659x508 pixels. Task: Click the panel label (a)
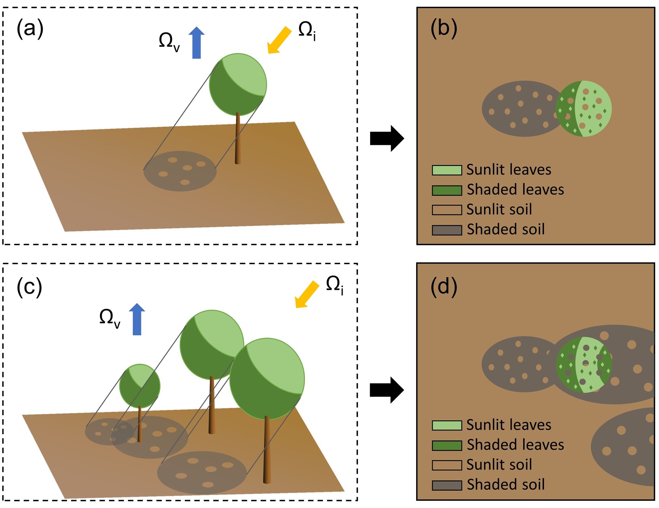tap(30, 29)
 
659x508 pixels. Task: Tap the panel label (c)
tap(29, 287)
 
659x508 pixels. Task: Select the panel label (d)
tap(444, 286)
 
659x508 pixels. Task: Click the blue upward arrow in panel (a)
tap(197, 43)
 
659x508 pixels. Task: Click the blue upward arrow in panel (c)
tap(137, 319)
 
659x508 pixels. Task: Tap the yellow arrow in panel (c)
tap(307, 294)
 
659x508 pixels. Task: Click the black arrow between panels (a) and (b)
tap(386, 138)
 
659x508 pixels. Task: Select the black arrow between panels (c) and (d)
tap(386, 390)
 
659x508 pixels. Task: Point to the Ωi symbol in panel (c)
tap(335, 285)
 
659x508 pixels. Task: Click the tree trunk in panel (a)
tap(238, 139)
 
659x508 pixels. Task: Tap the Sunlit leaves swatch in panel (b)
tap(447, 170)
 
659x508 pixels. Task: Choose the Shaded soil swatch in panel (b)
tap(447, 230)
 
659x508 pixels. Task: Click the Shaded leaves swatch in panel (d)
tap(447, 445)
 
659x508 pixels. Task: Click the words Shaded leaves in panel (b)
tap(515, 190)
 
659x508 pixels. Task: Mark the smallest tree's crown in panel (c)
tap(140, 386)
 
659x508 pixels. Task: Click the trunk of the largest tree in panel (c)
tap(267, 450)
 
